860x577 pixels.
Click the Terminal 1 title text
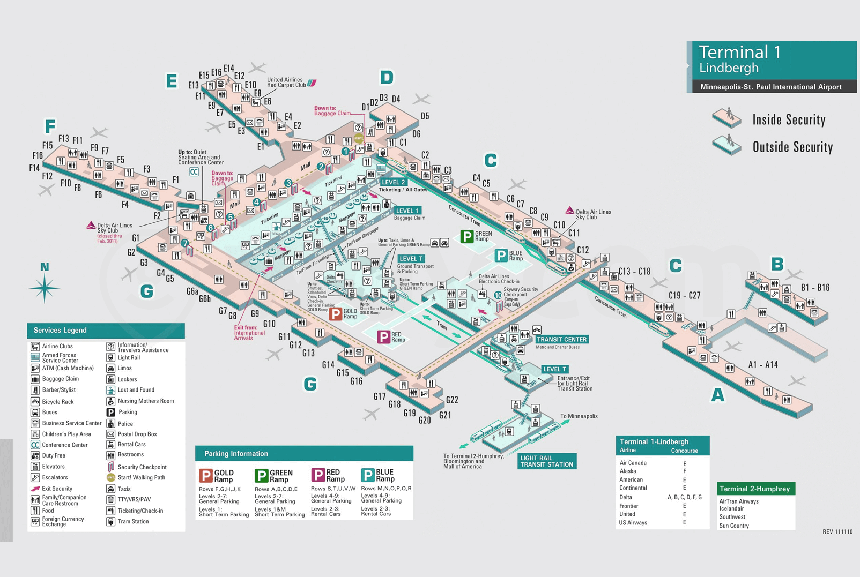pyautogui.click(x=739, y=53)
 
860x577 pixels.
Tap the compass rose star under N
pyautogui.click(x=44, y=288)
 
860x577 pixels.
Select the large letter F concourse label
pyautogui.click(x=50, y=126)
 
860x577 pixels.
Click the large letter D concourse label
pyautogui.click(x=387, y=78)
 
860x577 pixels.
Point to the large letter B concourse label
pyautogui.click(x=777, y=264)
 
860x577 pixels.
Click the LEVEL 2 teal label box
pyautogui.click(x=393, y=182)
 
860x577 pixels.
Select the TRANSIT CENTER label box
pyautogui.click(x=561, y=339)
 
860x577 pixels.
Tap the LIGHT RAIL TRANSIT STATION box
pyautogui.click(x=546, y=461)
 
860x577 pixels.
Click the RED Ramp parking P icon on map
pyautogui.click(x=383, y=337)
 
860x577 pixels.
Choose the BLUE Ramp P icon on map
pyautogui.click(x=501, y=256)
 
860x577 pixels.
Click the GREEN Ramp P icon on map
pyautogui.click(x=467, y=236)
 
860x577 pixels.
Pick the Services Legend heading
pyautogui.click(x=60, y=331)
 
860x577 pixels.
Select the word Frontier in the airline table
pyautogui.click(x=628, y=506)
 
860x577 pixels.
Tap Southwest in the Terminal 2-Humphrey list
pyautogui.click(x=732, y=517)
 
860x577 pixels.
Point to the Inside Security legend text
pyautogui.click(x=788, y=120)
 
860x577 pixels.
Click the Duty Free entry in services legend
pyautogui.click(x=54, y=455)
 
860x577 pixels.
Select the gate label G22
pyautogui.click(x=452, y=400)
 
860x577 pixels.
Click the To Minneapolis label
pyautogui.click(x=579, y=416)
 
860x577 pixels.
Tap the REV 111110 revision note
pyautogui.click(x=837, y=532)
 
